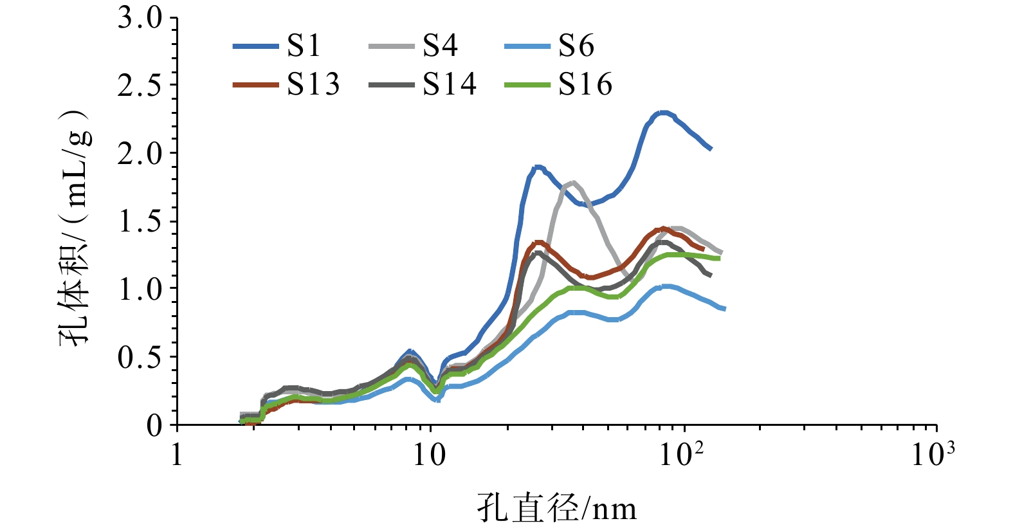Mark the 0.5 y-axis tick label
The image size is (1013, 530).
point(140,357)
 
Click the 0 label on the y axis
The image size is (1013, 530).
point(154,425)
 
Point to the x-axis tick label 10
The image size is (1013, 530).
point(429,455)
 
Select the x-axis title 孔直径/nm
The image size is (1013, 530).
point(557,509)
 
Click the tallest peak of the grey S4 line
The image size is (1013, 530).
point(572,183)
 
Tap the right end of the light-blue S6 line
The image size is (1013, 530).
point(724,309)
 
